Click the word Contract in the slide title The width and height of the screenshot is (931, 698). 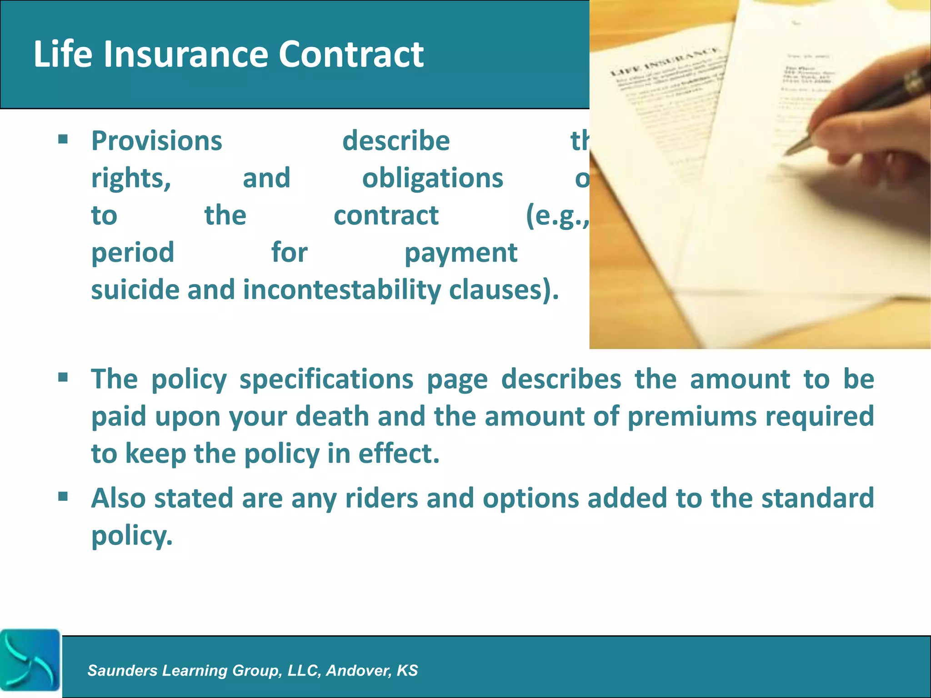tap(350, 54)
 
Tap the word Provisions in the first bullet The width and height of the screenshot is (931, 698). tap(157, 141)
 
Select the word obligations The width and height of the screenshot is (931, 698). tap(432, 178)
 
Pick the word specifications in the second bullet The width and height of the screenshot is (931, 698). tap(326, 379)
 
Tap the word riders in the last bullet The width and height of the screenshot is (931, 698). tap(381, 499)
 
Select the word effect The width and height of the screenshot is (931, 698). tap(399, 454)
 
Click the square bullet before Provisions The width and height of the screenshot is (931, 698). tap(63, 139)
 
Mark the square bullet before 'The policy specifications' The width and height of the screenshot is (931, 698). tap(63, 377)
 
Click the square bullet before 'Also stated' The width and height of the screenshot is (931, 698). tap(63, 496)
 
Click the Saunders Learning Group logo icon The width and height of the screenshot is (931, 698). tap(30, 660)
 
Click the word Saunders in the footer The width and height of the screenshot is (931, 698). tap(122, 671)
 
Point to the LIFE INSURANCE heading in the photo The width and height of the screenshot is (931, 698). tap(664, 61)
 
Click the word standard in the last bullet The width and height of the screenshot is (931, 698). tap(817, 499)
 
